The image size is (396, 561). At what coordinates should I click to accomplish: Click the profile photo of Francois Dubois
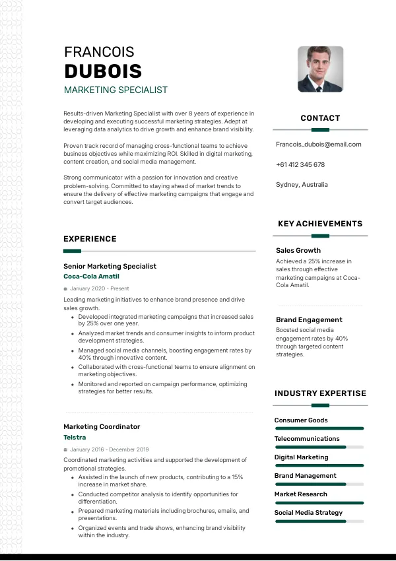click(320, 69)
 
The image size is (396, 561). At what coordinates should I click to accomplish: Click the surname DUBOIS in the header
click(103, 71)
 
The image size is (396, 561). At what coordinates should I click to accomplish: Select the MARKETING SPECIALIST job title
click(115, 90)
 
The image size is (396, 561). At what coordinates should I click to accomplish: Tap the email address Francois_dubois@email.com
click(318, 144)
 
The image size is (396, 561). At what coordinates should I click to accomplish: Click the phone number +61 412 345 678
click(300, 164)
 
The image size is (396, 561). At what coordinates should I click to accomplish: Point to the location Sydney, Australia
click(302, 185)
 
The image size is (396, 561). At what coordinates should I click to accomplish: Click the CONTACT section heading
click(320, 118)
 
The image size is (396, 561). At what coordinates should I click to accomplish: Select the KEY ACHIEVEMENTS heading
click(320, 224)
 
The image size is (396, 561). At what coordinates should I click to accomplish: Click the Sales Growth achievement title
click(298, 250)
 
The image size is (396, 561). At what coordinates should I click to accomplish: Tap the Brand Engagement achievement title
click(309, 319)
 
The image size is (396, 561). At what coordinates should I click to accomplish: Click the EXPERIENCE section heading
click(90, 239)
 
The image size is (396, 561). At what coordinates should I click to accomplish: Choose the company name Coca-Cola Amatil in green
click(91, 277)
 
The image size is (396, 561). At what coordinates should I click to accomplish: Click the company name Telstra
click(75, 438)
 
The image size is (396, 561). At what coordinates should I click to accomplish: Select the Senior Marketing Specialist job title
click(110, 266)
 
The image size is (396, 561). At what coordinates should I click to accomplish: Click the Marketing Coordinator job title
click(102, 427)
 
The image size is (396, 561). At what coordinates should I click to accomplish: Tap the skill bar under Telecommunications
click(319, 447)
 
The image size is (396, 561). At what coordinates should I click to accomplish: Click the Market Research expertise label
click(300, 494)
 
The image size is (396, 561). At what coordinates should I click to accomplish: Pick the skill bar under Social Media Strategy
click(319, 521)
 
